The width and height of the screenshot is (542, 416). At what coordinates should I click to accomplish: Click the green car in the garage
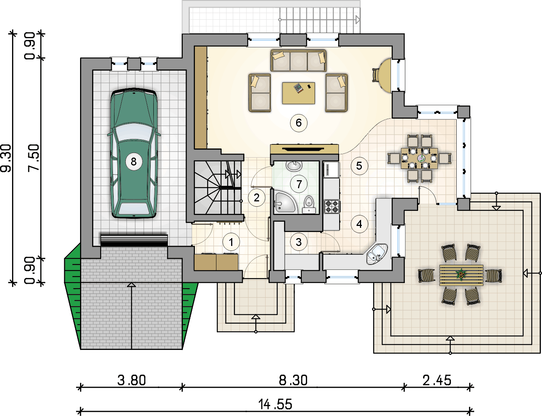point(134,153)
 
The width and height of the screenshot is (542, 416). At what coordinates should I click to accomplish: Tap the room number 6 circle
point(298,123)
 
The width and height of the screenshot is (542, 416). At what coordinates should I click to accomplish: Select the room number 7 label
point(299,184)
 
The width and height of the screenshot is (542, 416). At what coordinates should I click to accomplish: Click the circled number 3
point(298,242)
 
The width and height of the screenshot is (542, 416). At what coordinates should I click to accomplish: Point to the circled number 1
point(231,242)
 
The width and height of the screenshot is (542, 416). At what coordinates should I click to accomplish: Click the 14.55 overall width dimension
point(275,404)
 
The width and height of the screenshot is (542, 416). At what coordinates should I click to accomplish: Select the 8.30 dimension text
point(293,380)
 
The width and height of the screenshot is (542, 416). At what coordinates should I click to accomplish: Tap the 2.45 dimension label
point(437,380)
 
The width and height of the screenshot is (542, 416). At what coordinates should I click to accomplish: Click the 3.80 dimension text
point(131,380)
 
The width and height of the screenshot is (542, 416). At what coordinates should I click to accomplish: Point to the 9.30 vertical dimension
point(6,158)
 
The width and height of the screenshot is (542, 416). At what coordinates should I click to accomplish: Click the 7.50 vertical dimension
point(34,158)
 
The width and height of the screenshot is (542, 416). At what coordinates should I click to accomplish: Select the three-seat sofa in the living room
point(298,60)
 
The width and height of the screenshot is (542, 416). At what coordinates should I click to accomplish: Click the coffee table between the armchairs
point(298,93)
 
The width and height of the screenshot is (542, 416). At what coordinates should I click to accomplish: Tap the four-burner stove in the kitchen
point(332,207)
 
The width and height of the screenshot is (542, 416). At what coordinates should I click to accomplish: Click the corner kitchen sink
point(377,254)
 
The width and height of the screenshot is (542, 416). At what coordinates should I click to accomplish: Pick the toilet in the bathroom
point(309,204)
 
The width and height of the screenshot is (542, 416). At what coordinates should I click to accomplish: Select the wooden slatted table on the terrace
point(461,275)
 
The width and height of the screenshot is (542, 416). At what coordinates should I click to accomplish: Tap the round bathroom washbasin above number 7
point(294,166)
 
